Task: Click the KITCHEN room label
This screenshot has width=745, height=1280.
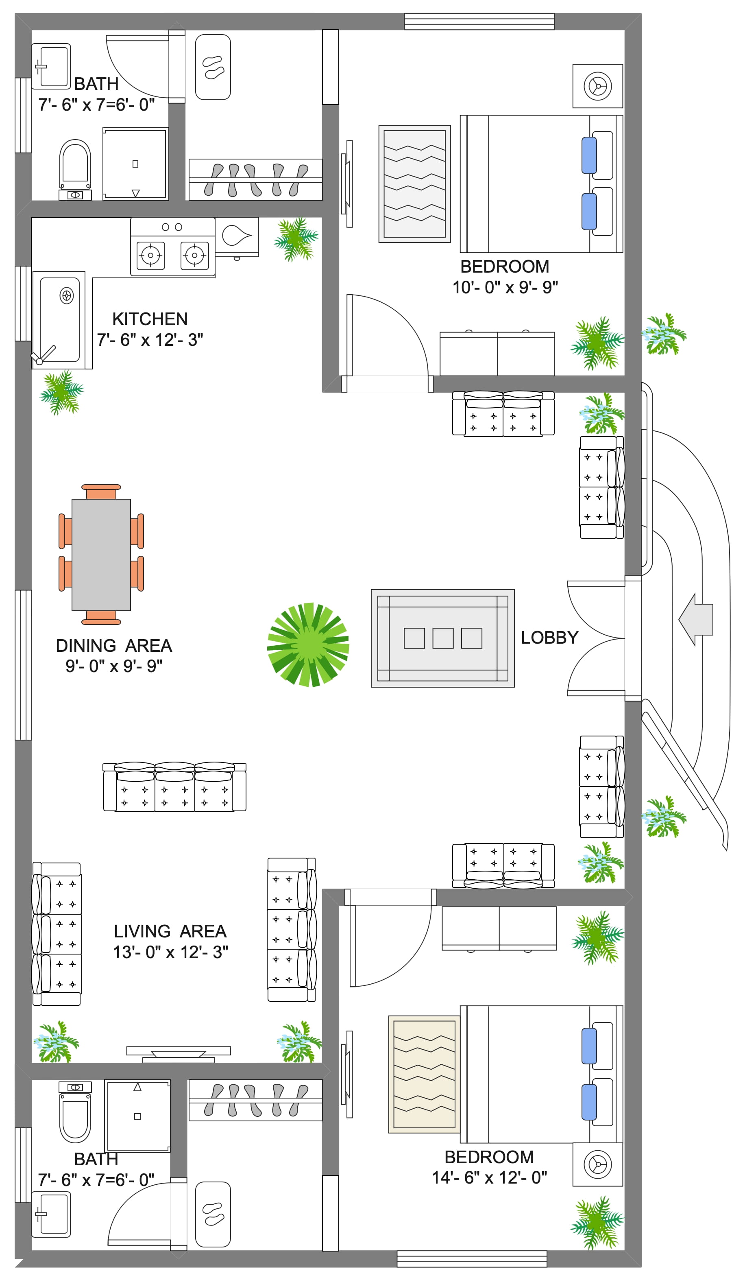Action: [x=150, y=319]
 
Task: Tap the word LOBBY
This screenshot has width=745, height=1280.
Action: [x=549, y=638]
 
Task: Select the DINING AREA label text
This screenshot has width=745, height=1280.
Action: [x=114, y=646]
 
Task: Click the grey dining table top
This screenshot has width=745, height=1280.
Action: [x=101, y=555]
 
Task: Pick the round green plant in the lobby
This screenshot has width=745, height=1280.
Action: [x=308, y=644]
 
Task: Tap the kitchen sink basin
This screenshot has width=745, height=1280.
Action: [x=59, y=319]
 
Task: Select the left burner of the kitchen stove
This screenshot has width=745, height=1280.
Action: [x=151, y=255]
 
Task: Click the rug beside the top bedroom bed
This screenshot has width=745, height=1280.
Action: [x=414, y=184]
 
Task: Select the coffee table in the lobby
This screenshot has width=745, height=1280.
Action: [x=442, y=638]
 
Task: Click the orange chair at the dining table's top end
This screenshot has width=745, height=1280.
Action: [x=101, y=491]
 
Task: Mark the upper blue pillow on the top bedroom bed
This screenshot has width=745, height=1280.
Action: [x=589, y=155]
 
